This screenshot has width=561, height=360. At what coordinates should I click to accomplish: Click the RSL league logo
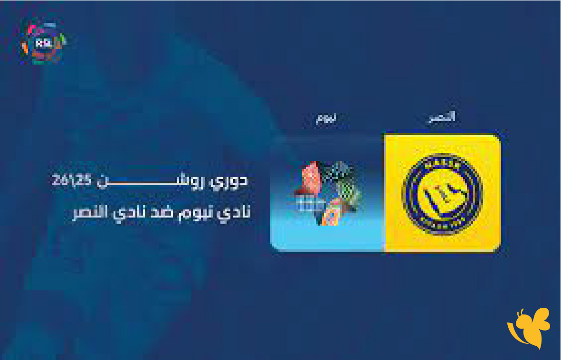42,41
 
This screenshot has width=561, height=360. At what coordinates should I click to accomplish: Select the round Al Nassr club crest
442,194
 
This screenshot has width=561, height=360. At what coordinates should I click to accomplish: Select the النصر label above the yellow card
440,117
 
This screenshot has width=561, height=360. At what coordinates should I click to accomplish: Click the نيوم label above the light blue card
326,118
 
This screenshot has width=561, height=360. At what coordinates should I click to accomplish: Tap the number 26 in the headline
60,182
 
